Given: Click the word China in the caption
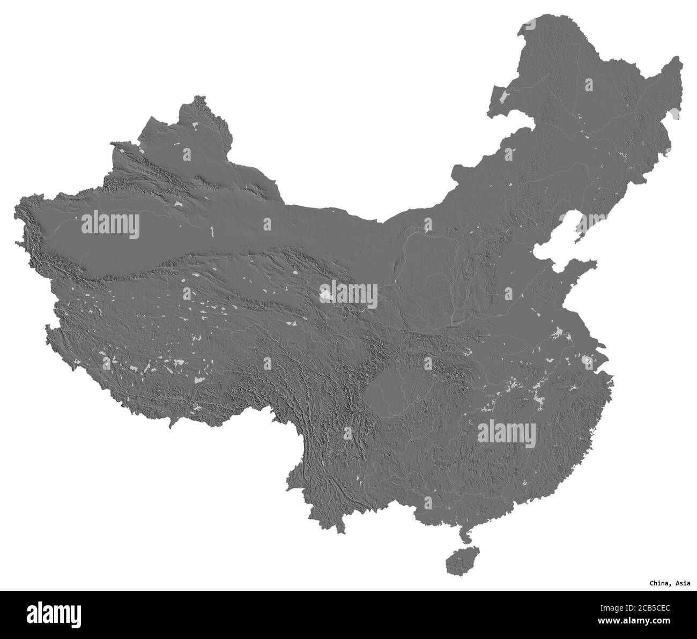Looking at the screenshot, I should (659, 583).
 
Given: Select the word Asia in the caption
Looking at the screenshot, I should (683, 583).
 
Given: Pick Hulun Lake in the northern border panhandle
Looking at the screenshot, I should (503, 97).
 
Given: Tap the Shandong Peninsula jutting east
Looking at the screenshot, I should (584, 268).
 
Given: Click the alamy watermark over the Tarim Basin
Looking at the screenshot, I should (110, 225).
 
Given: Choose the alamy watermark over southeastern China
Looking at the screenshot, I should (507, 432).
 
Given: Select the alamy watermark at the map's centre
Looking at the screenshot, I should (349, 294).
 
